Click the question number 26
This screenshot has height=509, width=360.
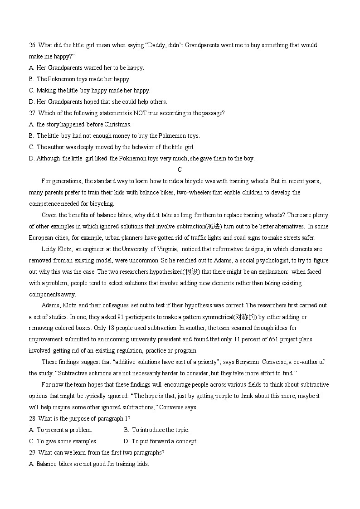(33, 45)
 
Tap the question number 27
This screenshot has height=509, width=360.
(33, 113)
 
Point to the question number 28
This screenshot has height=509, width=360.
(33, 419)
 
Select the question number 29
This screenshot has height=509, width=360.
(33, 453)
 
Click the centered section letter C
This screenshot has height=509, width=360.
(180, 170)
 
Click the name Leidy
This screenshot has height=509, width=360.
(49, 249)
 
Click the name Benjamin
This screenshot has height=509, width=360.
(248, 362)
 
